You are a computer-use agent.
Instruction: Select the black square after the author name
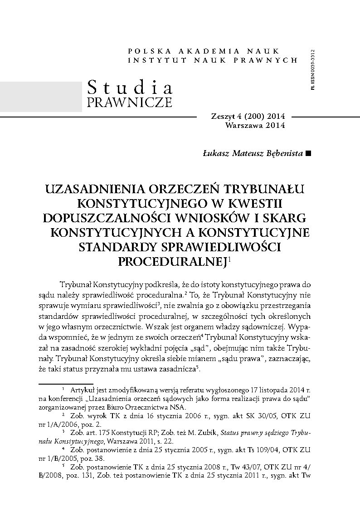(309, 154)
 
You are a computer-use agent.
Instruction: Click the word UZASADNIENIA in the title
(97, 188)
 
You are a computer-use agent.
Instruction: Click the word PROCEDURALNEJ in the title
(172, 261)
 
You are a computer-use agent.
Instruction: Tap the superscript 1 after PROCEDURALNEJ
(230, 259)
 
